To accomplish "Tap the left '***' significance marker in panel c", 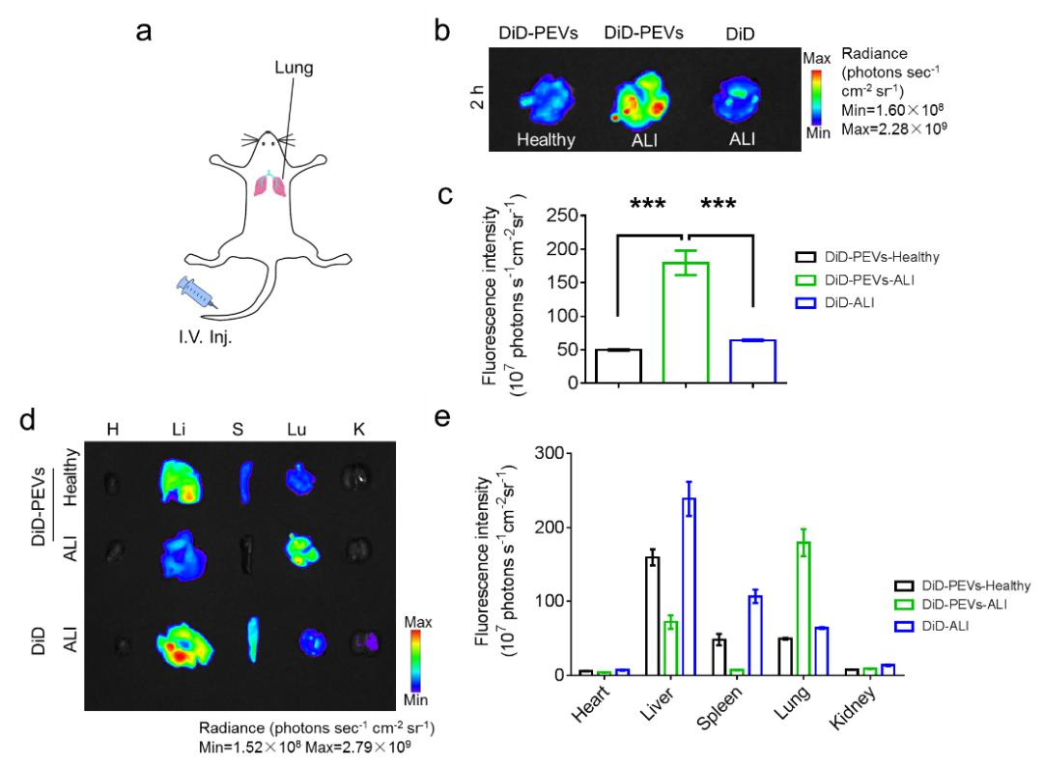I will coord(649,205).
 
